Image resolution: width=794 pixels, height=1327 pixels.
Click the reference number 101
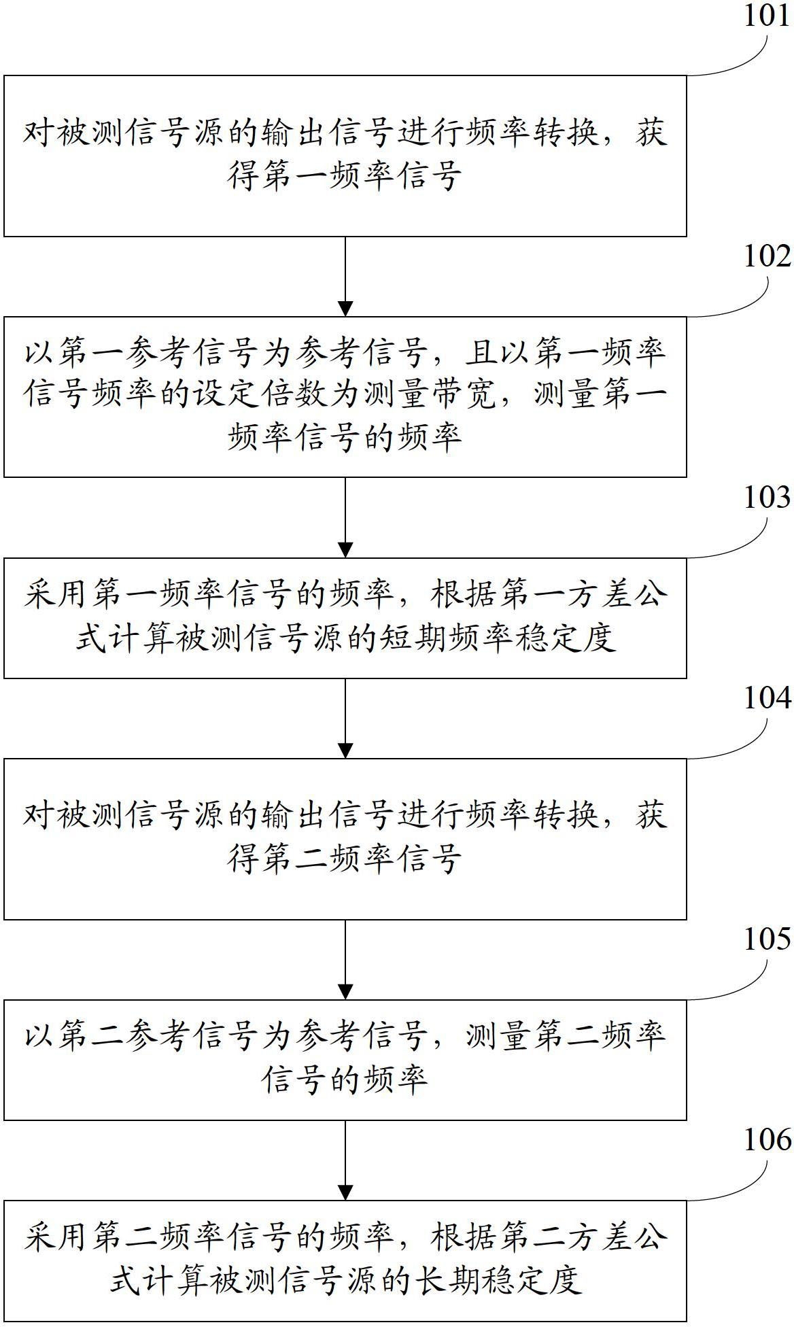click(x=767, y=15)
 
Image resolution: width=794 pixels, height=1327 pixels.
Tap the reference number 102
click(x=767, y=257)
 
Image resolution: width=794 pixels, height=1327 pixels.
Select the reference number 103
click(x=767, y=498)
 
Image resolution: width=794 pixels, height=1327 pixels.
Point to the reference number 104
click(x=767, y=698)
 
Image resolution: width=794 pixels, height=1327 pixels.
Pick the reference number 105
click(x=767, y=940)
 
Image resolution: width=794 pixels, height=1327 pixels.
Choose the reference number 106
click(x=767, y=1140)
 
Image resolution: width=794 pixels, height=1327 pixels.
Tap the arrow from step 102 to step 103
click(x=345, y=517)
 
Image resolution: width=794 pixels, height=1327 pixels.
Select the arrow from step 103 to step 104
click(x=345, y=718)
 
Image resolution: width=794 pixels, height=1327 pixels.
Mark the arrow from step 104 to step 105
click(x=345, y=959)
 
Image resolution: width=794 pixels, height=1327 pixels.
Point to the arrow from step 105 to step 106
click(x=345, y=1160)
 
